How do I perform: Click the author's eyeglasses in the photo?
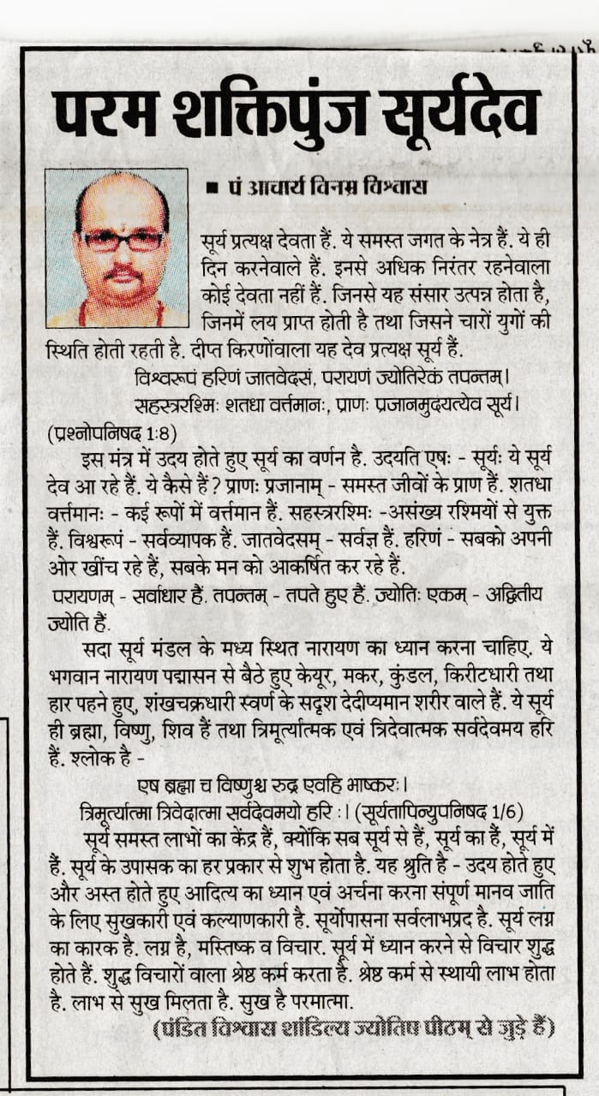(121, 241)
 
